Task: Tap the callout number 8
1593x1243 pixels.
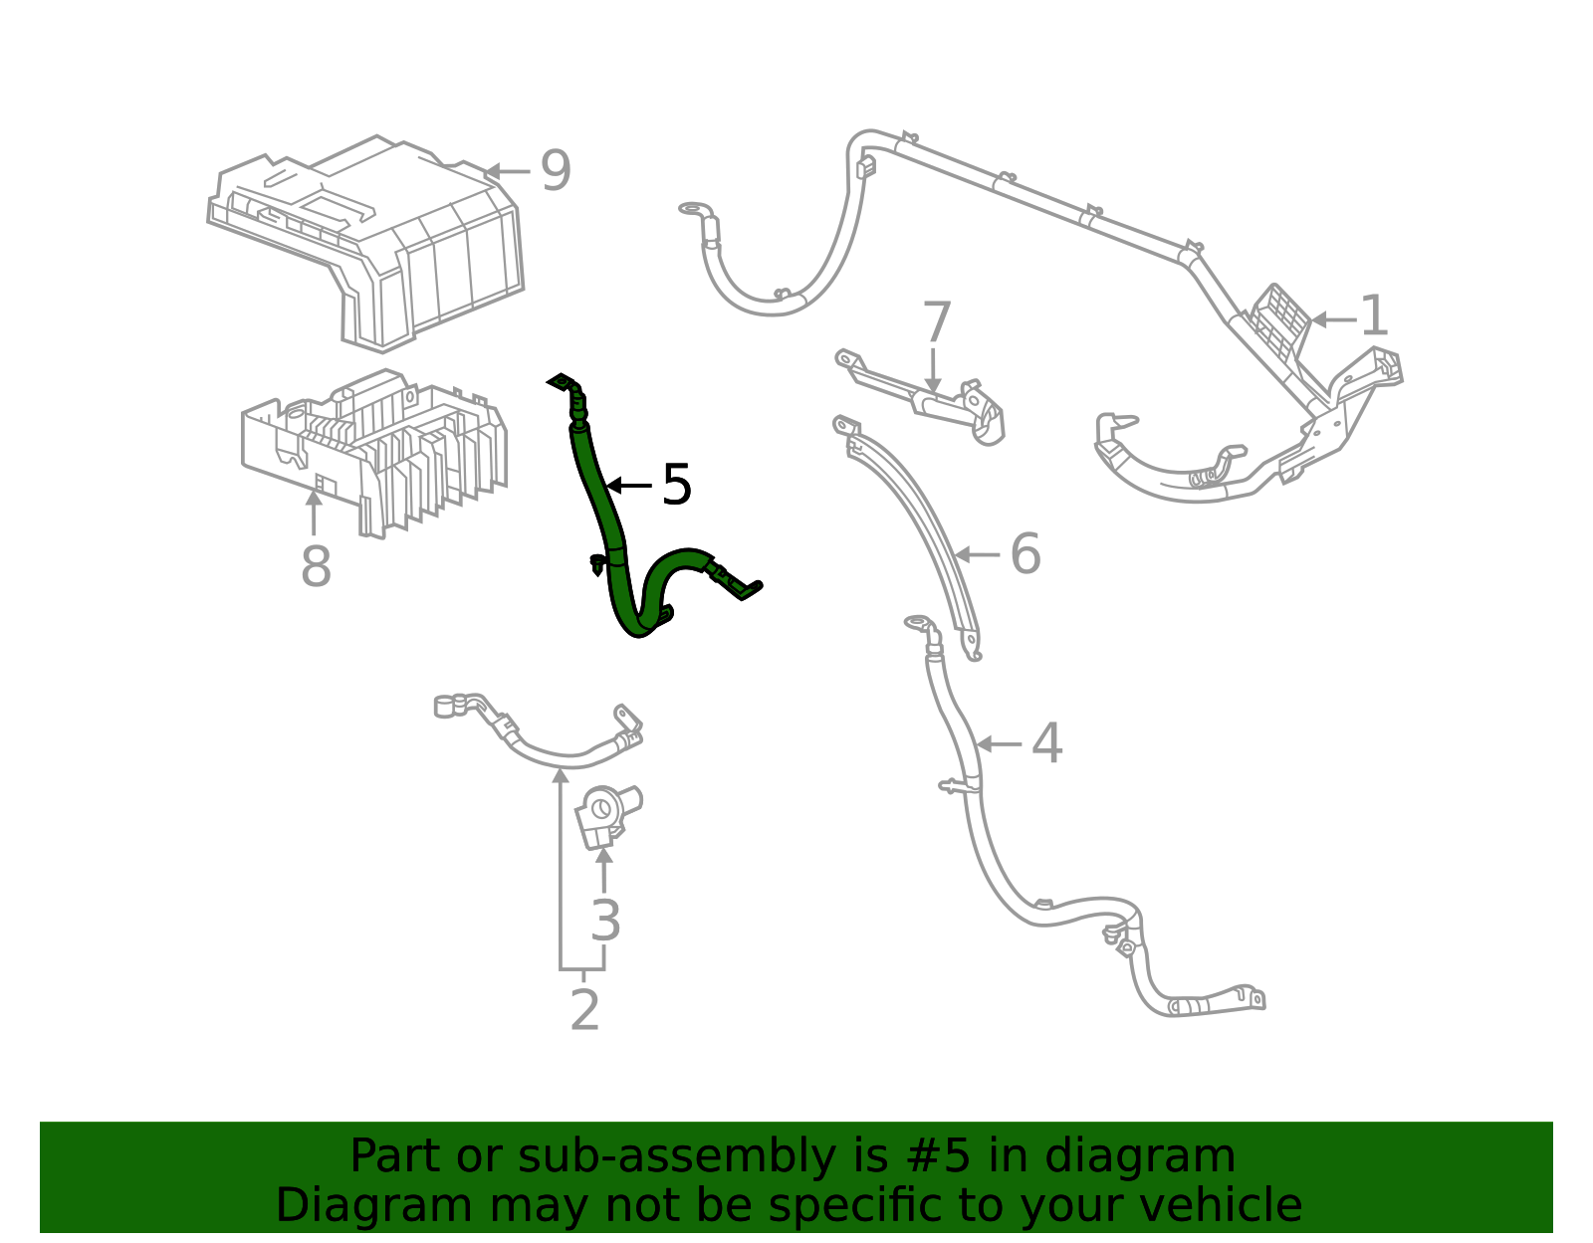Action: click(x=316, y=567)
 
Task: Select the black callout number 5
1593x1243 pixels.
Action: click(x=676, y=486)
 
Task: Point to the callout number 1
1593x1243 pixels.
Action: click(x=1374, y=316)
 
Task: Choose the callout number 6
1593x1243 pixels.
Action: click(x=1024, y=554)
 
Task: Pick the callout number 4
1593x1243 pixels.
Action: click(x=1046, y=743)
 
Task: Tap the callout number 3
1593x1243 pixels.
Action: click(x=605, y=921)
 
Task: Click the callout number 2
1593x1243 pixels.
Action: click(x=584, y=1010)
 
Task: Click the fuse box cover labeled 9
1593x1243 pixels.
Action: click(x=398, y=239)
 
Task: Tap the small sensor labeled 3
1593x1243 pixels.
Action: click(x=605, y=814)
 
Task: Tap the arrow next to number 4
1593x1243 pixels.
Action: click(x=998, y=743)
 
